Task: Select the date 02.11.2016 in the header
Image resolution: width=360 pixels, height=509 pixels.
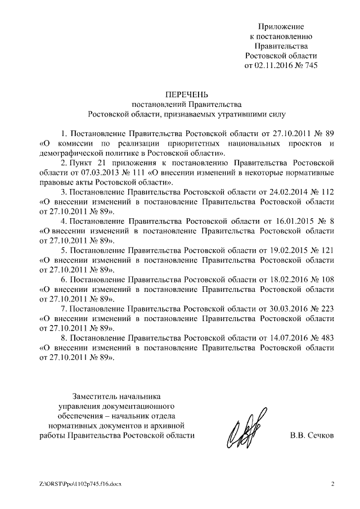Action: click(x=274, y=65)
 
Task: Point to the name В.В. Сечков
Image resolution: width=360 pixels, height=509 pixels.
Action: click(x=312, y=435)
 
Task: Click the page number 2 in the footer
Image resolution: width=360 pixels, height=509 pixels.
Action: click(x=332, y=484)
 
